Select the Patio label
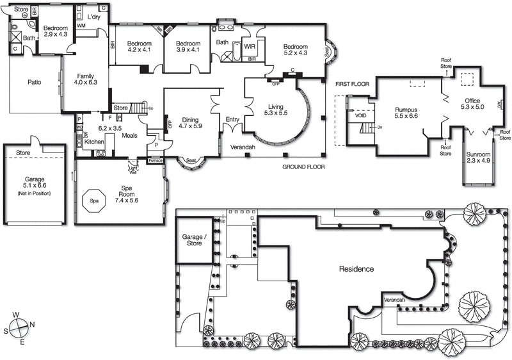pos(35,83)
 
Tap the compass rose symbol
pos(21,327)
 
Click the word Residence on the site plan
pos(356,269)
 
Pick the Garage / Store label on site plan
pos(194,240)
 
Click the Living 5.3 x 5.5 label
pos(276,109)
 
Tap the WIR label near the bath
pos(250,47)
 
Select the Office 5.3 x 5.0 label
pos(472,104)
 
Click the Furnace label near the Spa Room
pos(156,160)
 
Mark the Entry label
pos(232,119)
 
